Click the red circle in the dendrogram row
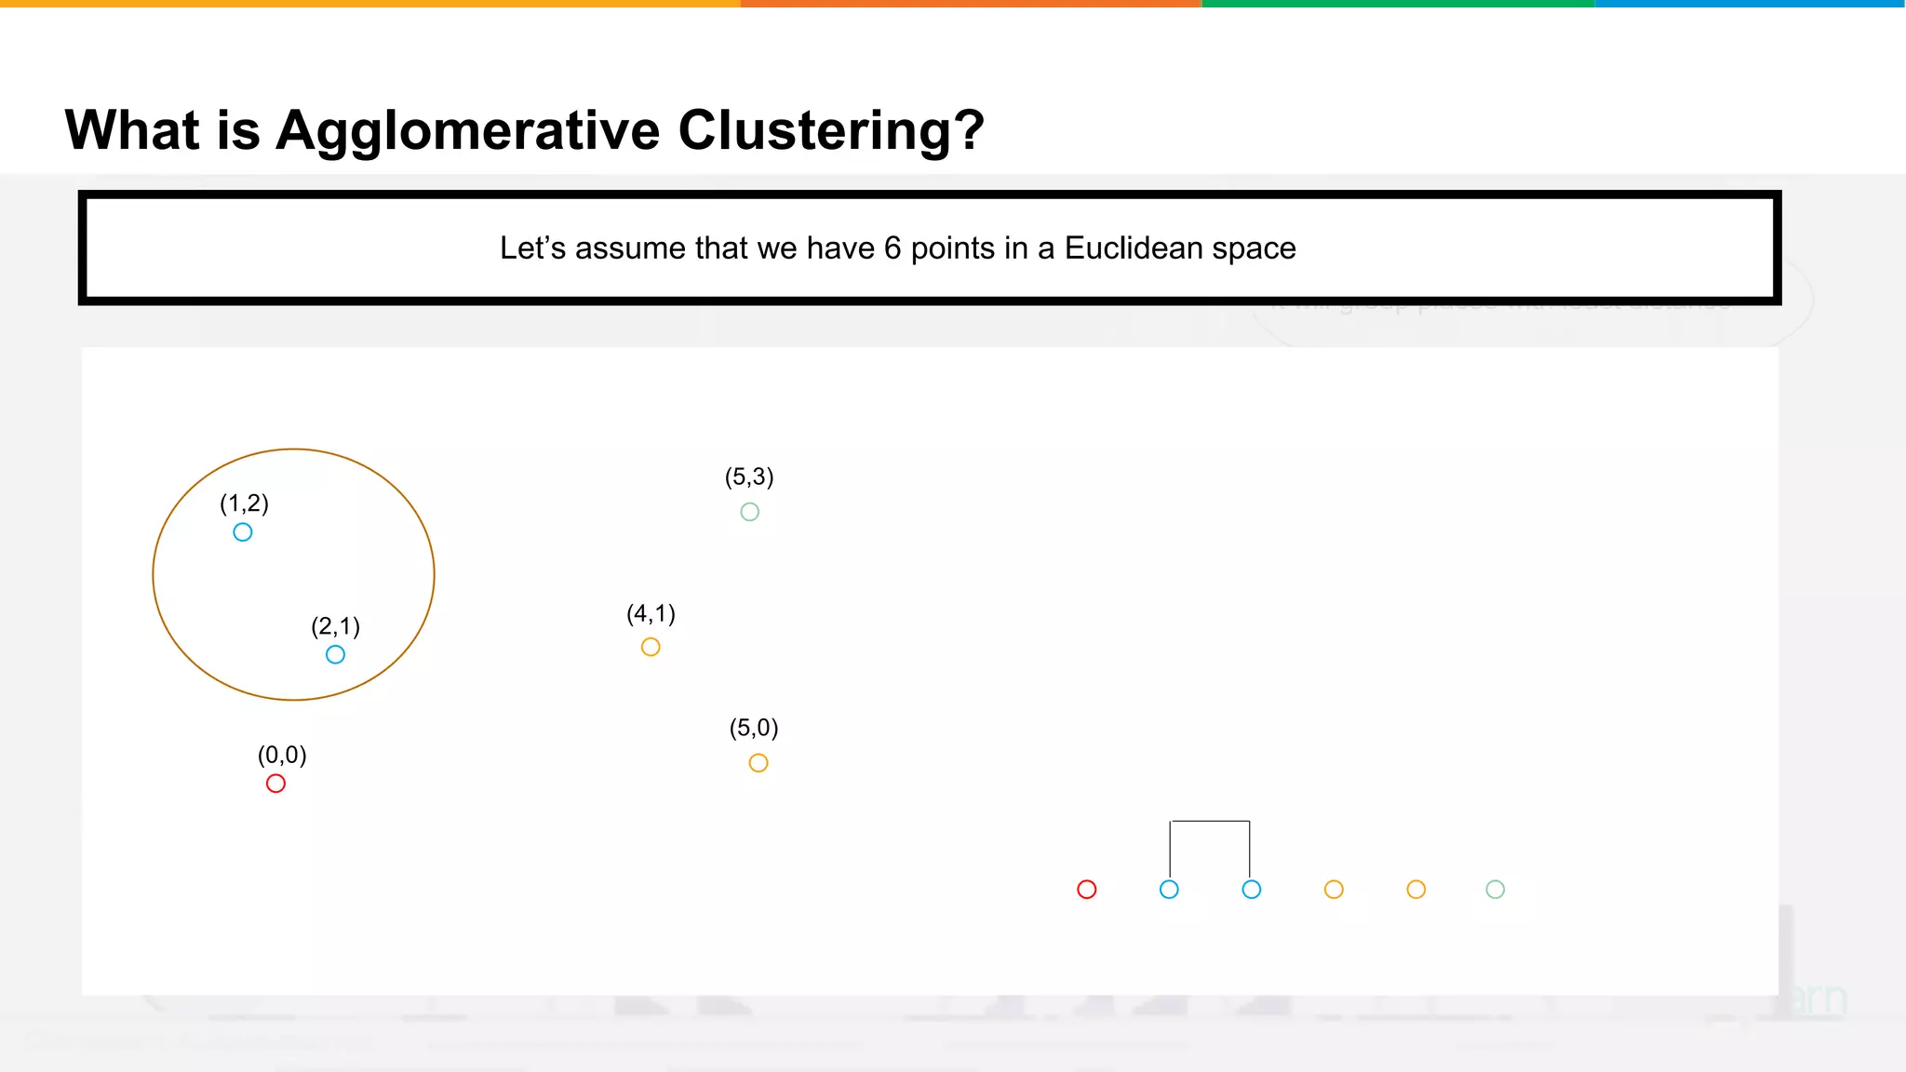(1086, 890)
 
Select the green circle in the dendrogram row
(1495, 890)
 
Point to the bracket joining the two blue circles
(1210, 823)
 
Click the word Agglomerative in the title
(468, 130)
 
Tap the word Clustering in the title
(830, 130)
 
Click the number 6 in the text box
(893, 248)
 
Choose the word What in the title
(132, 130)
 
